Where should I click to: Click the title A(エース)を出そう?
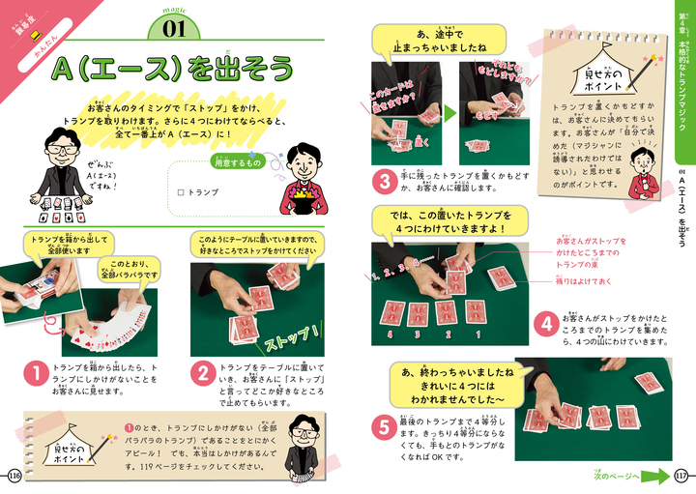pos(174,69)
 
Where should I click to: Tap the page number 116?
pos(13,475)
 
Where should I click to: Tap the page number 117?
pos(681,475)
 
